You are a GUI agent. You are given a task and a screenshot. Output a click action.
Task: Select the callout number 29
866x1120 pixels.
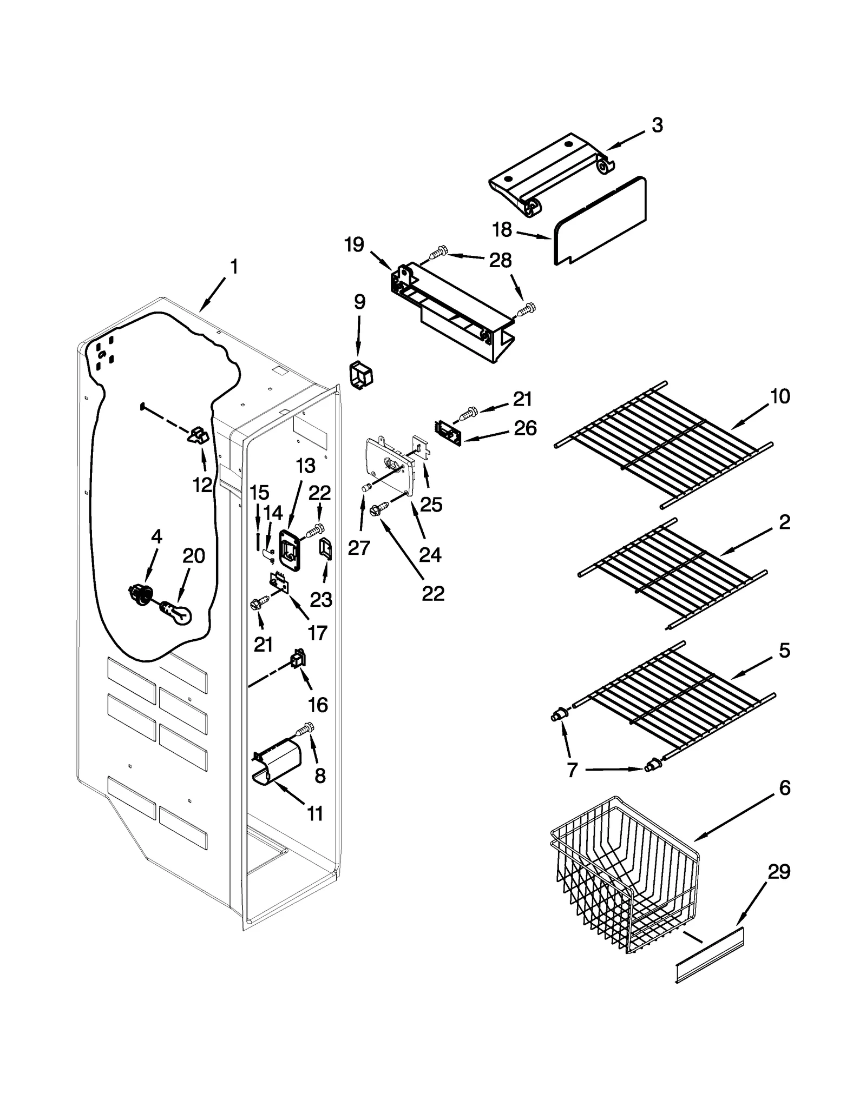779,871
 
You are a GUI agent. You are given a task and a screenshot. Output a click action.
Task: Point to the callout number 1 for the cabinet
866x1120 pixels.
234,267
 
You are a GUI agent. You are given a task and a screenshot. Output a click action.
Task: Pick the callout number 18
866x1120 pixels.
502,230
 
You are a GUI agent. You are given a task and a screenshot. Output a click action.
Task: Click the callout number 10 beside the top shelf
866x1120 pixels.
779,396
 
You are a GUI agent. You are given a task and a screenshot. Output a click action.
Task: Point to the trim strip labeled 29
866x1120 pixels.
709,956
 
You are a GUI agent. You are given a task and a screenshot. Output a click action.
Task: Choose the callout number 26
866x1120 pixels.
525,428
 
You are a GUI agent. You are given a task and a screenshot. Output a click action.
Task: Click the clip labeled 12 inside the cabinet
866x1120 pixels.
199,435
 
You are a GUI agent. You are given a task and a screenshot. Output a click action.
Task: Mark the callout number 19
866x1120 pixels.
355,245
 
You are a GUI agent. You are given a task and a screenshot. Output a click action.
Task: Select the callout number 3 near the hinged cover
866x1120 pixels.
657,125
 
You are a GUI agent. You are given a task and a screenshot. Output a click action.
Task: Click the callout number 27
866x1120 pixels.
359,547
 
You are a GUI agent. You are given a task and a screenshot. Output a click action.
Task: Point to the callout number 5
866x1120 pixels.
784,651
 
